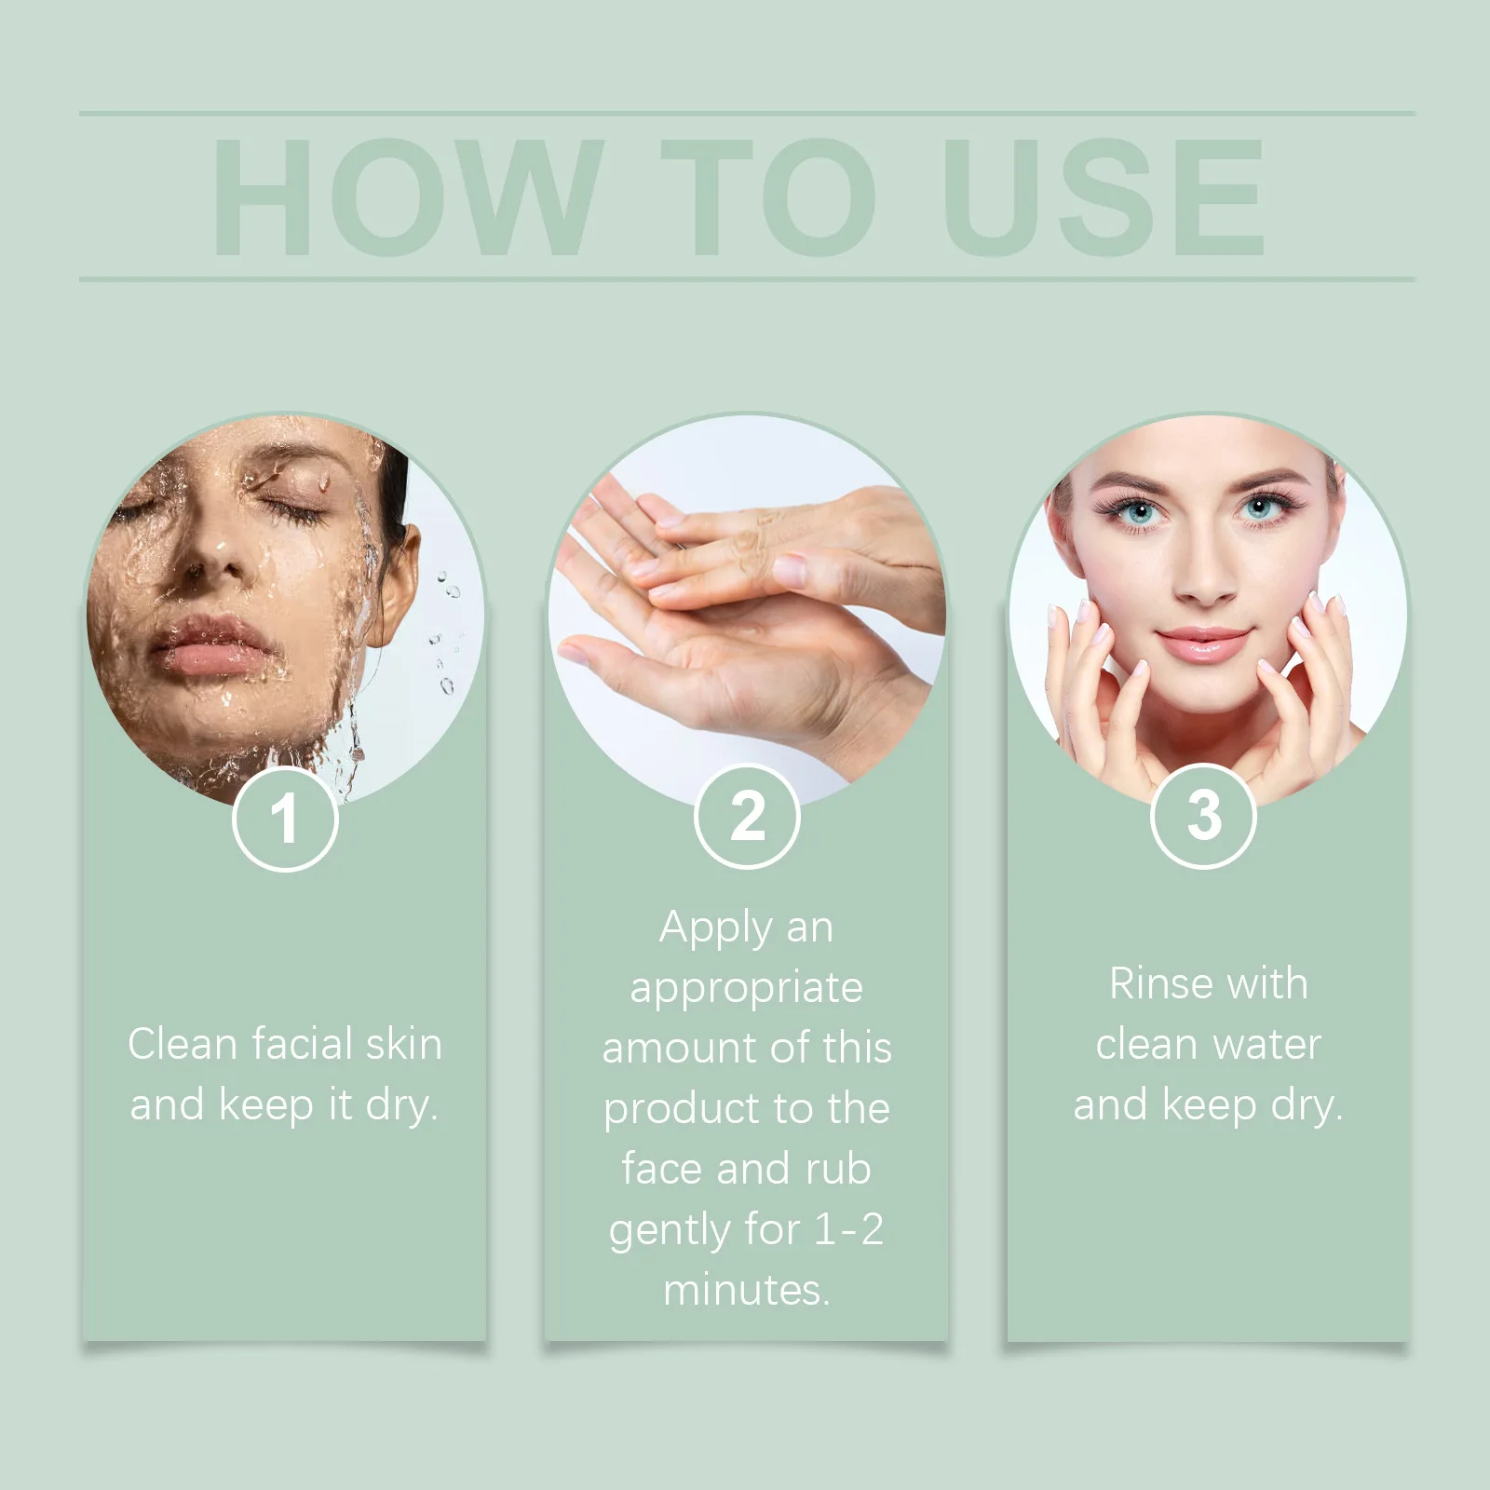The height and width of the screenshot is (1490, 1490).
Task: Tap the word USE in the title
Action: click(1104, 196)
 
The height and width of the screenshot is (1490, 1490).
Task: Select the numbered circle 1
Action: click(285, 819)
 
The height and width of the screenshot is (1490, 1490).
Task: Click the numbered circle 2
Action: click(747, 817)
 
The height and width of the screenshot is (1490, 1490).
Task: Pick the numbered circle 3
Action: click(1204, 816)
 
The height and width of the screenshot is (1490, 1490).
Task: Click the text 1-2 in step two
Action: click(848, 1229)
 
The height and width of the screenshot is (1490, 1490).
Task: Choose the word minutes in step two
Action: click(746, 1290)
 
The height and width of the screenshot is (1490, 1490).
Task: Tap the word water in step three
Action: click(1268, 1044)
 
